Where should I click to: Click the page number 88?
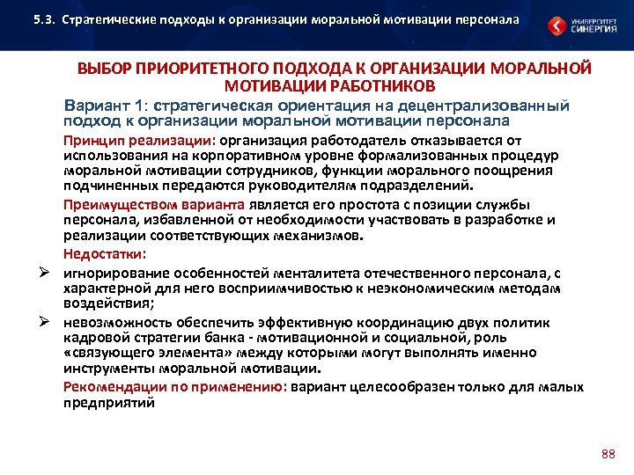tap(606, 454)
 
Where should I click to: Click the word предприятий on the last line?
tap(108, 403)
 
